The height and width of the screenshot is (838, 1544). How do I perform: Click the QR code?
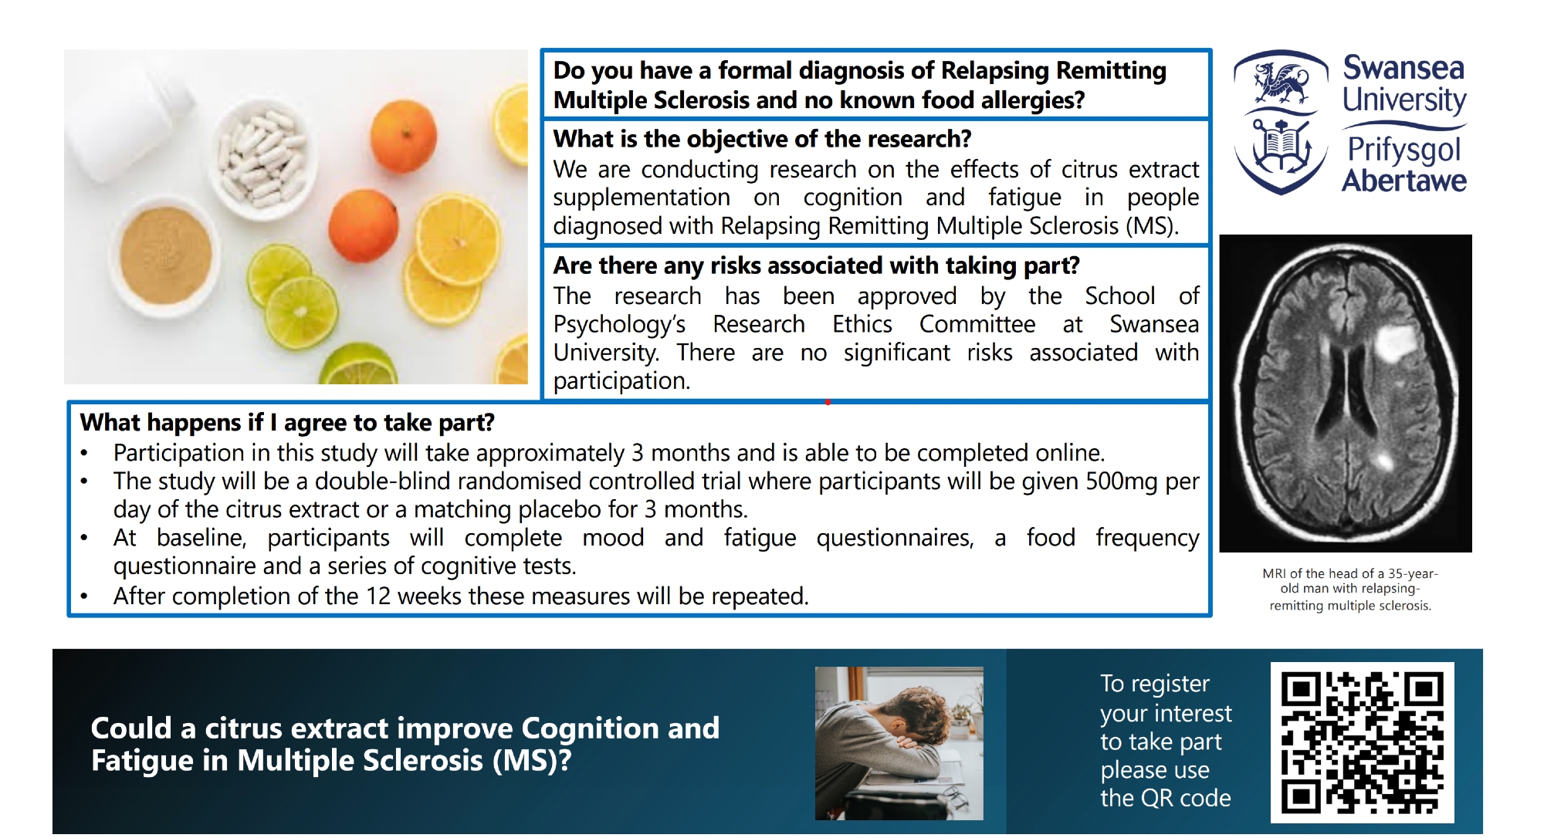(x=1362, y=742)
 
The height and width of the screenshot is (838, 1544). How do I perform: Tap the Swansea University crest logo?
(x=1281, y=122)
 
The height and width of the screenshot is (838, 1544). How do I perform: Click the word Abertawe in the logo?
(x=1403, y=181)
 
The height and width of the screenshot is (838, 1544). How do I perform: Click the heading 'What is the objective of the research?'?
(x=762, y=139)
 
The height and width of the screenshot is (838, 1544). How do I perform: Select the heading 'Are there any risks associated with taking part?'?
(x=816, y=265)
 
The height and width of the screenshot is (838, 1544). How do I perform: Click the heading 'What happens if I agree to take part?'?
(x=287, y=423)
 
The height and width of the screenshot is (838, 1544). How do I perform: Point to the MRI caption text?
(x=1350, y=590)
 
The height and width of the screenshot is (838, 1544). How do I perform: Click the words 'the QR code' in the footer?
(x=1166, y=798)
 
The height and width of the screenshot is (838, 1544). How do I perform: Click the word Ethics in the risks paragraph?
(x=862, y=324)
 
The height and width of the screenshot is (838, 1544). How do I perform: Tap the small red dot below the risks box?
(x=828, y=402)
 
